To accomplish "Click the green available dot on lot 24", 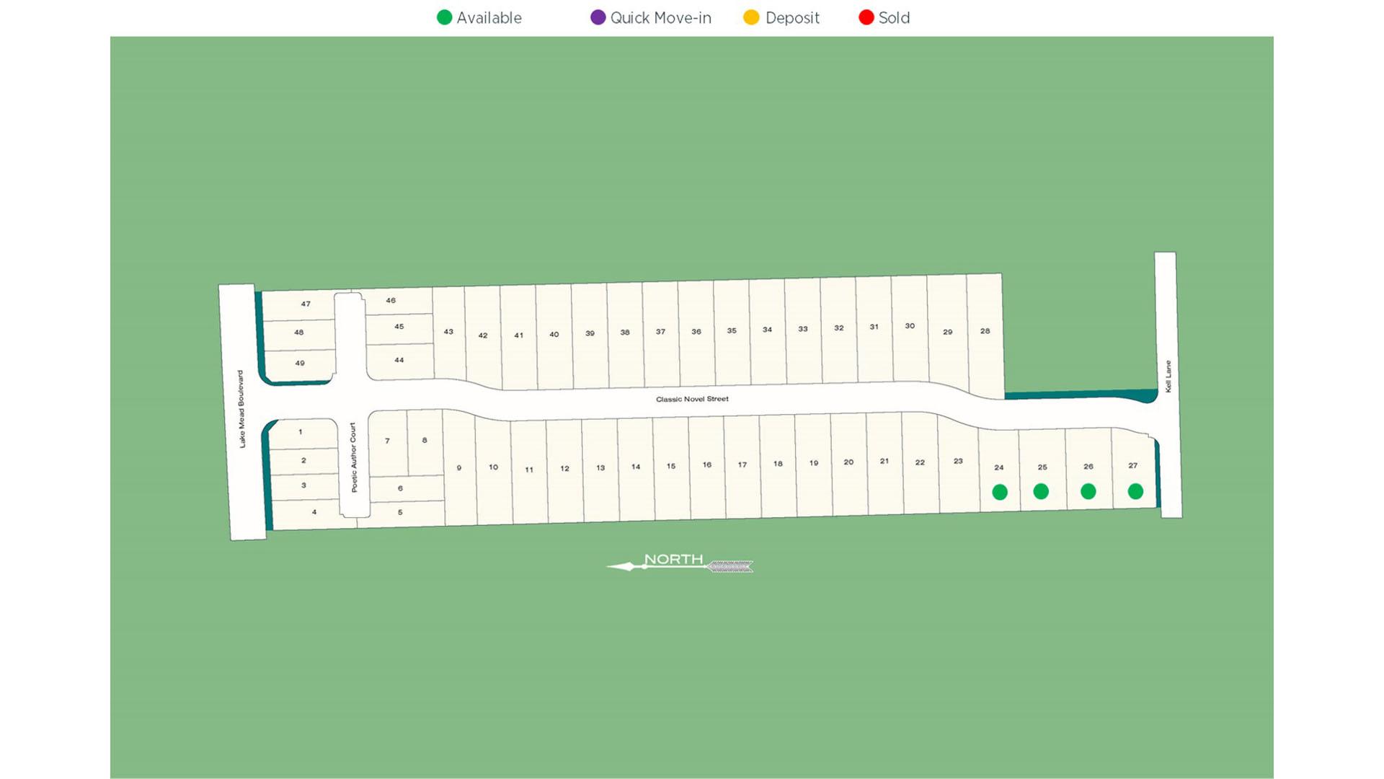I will [999, 492].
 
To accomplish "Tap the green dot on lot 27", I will [1135, 491].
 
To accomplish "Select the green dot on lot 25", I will [1041, 491].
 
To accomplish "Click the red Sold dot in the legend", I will [866, 17].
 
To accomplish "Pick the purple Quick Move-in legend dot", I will [598, 17].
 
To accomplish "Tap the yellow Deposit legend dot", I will [751, 17].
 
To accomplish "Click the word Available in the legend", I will [489, 18].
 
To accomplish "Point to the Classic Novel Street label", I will [692, 399].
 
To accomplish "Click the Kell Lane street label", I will [1168, 377].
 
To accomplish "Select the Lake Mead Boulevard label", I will [241, 409].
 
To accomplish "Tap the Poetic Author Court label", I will [353, 457].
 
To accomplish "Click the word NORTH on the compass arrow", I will [673, 559].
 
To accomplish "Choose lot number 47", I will [306, 304].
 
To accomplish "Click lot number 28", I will [985, 331].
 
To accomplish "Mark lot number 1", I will [301, 432].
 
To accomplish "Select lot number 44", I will [399, 360].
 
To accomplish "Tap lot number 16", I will [706, 465].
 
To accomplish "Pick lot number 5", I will [400, 512].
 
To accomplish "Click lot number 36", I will [696, 332].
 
